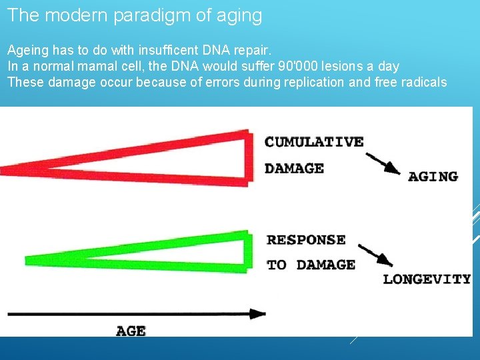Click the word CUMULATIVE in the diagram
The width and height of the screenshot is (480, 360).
(x=314, y=142)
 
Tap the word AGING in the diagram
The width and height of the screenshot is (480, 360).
(x=433, y=177)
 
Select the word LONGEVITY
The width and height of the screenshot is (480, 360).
(x=427, y=279)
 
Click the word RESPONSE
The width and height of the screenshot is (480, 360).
(x=306, y=240)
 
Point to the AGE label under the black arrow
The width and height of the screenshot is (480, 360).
(x=131, y=331)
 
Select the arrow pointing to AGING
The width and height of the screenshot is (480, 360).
(x=382, y=164)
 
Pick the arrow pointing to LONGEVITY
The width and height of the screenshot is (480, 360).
(x=376, y=255)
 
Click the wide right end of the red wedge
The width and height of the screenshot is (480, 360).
(x=248, y=157)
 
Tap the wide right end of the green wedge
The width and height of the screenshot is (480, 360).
(x=247, y=251)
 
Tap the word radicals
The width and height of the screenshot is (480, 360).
(x=422, y=82)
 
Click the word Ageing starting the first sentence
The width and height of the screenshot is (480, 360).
(x=27, y=50)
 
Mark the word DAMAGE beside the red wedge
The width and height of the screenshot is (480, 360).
(x=294, y=169)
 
